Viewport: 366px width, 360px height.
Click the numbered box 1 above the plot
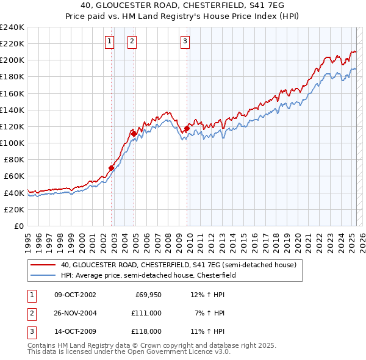coord(109,41)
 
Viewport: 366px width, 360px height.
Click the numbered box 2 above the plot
coord(132,41)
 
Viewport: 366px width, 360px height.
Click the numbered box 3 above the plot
coord(184,41)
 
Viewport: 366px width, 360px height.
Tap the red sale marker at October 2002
coord(112,168)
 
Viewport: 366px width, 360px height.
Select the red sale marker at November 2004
coord(134,134)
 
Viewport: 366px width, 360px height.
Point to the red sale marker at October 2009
coord(187,128)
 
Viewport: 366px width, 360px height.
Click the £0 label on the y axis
coord(19,226)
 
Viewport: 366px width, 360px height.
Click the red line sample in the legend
coord(43,265)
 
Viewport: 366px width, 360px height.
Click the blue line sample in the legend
coord(43,275)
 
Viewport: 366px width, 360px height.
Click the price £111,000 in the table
coord(146,312)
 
